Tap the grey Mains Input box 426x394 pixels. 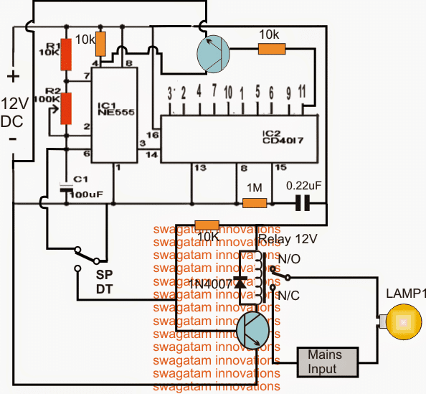tap(328, 361)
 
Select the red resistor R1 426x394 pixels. tap(67, 55)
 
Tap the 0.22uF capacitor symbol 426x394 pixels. tap(303, 205)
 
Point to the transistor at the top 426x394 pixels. tap(213, 55)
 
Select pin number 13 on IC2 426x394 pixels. tap(194, 168)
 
